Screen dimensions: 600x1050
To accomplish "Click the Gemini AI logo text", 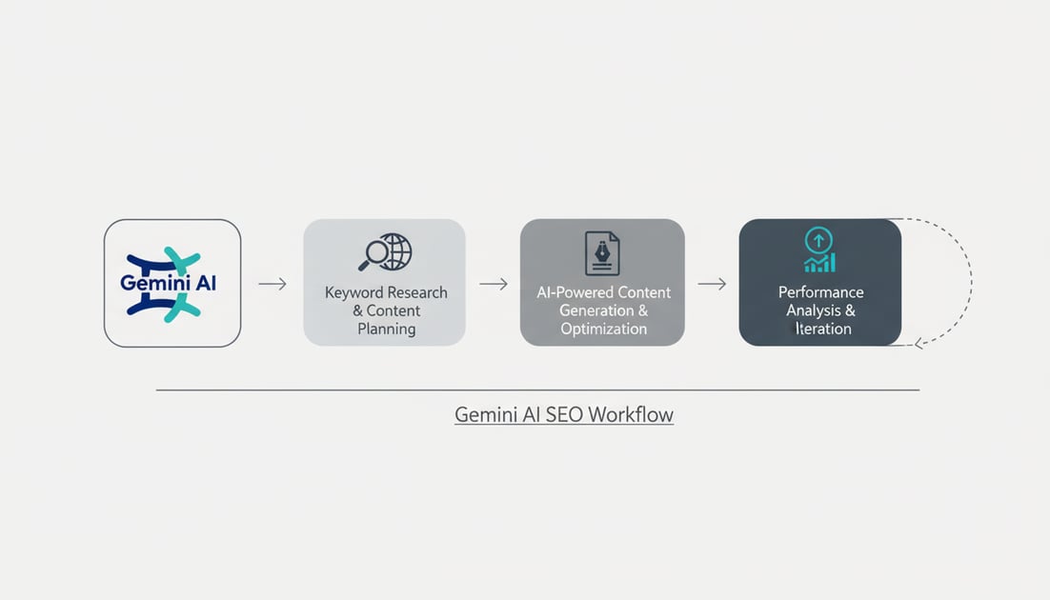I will point(169,284).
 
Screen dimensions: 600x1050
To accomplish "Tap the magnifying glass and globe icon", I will point(385,253).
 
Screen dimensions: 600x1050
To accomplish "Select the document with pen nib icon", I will point(601,252).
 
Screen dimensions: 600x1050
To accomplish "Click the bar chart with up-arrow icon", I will point(819,250).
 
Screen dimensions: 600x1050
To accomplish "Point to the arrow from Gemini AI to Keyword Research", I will point(273,284).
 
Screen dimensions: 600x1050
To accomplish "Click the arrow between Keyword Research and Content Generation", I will point(493,284).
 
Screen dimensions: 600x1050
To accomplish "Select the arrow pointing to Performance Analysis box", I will point(712,284).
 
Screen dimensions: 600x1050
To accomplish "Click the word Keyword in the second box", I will point(354,292).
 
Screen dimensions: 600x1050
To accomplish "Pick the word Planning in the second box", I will point(386,329).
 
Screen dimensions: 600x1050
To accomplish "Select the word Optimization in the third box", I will point(603,329).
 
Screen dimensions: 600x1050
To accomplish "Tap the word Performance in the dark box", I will point(820,292).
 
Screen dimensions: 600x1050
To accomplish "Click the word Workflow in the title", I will point(631,415).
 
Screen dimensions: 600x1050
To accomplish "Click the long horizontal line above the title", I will point(537,390).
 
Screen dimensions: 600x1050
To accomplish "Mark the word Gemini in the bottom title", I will point(484,415).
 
